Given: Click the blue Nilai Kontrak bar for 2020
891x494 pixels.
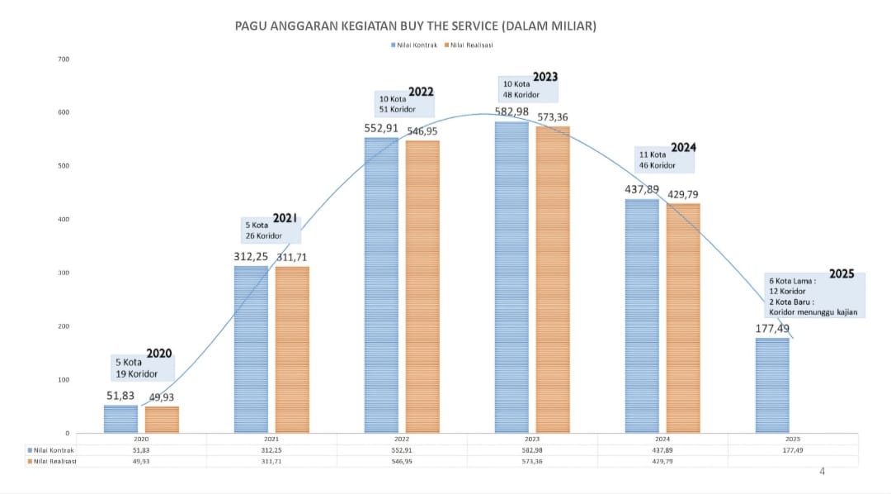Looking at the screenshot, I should coord(120,419).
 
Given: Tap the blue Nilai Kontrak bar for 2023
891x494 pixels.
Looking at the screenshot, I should coord(511,278).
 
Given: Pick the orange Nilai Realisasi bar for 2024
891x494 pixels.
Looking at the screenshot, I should coord(683,318).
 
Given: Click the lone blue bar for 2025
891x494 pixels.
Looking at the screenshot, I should coord(772,385).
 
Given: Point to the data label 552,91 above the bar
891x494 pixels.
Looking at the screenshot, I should coord(380,129).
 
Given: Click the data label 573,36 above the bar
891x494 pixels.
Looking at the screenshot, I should coord(553,117).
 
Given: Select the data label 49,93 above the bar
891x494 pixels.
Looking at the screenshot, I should coord(162,397).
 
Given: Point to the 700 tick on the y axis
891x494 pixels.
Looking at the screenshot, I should coord(64,59).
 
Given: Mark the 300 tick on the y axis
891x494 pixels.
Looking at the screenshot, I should coord(64,273).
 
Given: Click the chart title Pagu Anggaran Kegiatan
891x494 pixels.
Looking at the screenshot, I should coord(416,26).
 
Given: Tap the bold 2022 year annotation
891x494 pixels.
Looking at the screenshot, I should coord(421,92).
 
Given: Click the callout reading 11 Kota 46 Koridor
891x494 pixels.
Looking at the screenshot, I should coord(657,159).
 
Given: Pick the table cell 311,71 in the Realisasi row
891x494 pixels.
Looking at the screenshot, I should coord(271,461).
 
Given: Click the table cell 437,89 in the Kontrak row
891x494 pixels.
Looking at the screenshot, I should coord(662,450).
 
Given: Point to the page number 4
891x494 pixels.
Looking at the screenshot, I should coord(822,472).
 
